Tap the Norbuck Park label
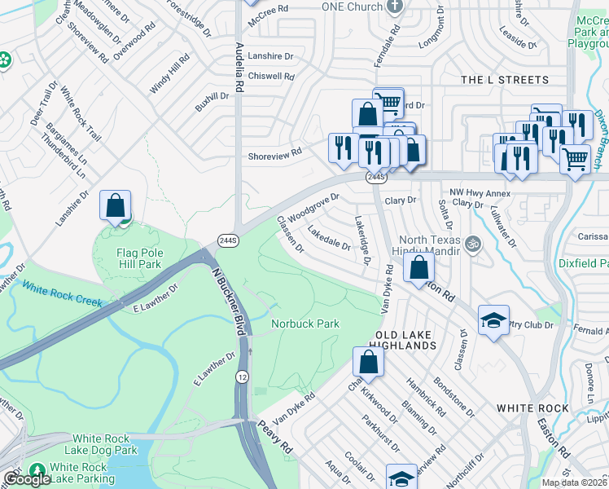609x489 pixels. pyautogui.click(x=304, y=324)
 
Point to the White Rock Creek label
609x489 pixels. pyautogui.click(x=62, y=294)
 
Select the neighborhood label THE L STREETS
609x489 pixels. pyautogui.click(x=505, y=80)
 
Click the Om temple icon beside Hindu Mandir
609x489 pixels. pyautogui.click(x=471, y=243)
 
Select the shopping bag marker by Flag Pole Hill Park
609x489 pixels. pyautogui.click(x=116, y=205)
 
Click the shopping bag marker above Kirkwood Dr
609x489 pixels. pyautogui.click(x=368, y=363)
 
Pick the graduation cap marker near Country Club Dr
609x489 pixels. pyautogui.click(x=493, y=320)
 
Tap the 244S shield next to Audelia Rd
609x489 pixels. pyautogui.click(x=227, y=240)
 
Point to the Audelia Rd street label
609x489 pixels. pyautogui.click(x=239, y=67)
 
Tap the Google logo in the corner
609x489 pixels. pyautogui.click(x=27, y=479)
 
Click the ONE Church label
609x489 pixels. pyautogui.click(x=353, y=7)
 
